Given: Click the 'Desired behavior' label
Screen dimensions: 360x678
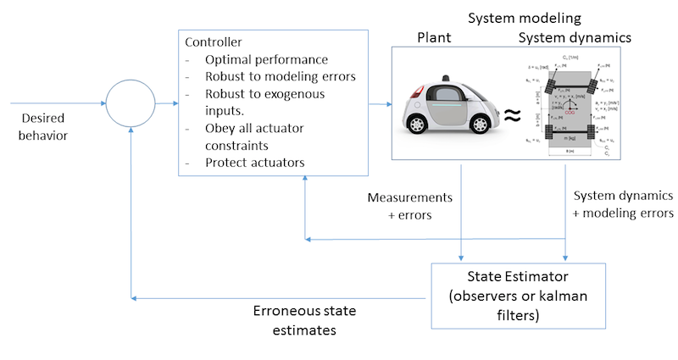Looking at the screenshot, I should click(41, 125).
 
